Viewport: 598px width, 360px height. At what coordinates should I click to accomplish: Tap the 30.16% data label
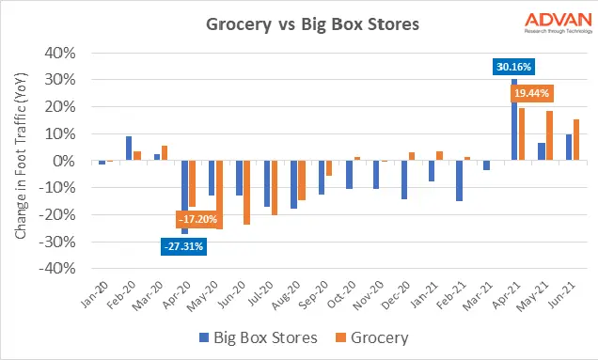click(513, 67)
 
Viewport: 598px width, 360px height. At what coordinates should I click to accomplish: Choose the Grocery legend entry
click(376, 336)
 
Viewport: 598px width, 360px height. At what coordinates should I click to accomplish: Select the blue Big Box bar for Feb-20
click(129, 149)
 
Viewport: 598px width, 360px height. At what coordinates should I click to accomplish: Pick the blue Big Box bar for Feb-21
click(459, 180)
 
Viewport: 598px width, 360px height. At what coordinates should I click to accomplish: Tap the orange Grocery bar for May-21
click(549, 136)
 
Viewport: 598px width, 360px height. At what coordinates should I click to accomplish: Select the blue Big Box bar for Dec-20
click(403, 180)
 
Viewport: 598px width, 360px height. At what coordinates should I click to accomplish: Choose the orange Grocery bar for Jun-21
click(576, 140)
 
